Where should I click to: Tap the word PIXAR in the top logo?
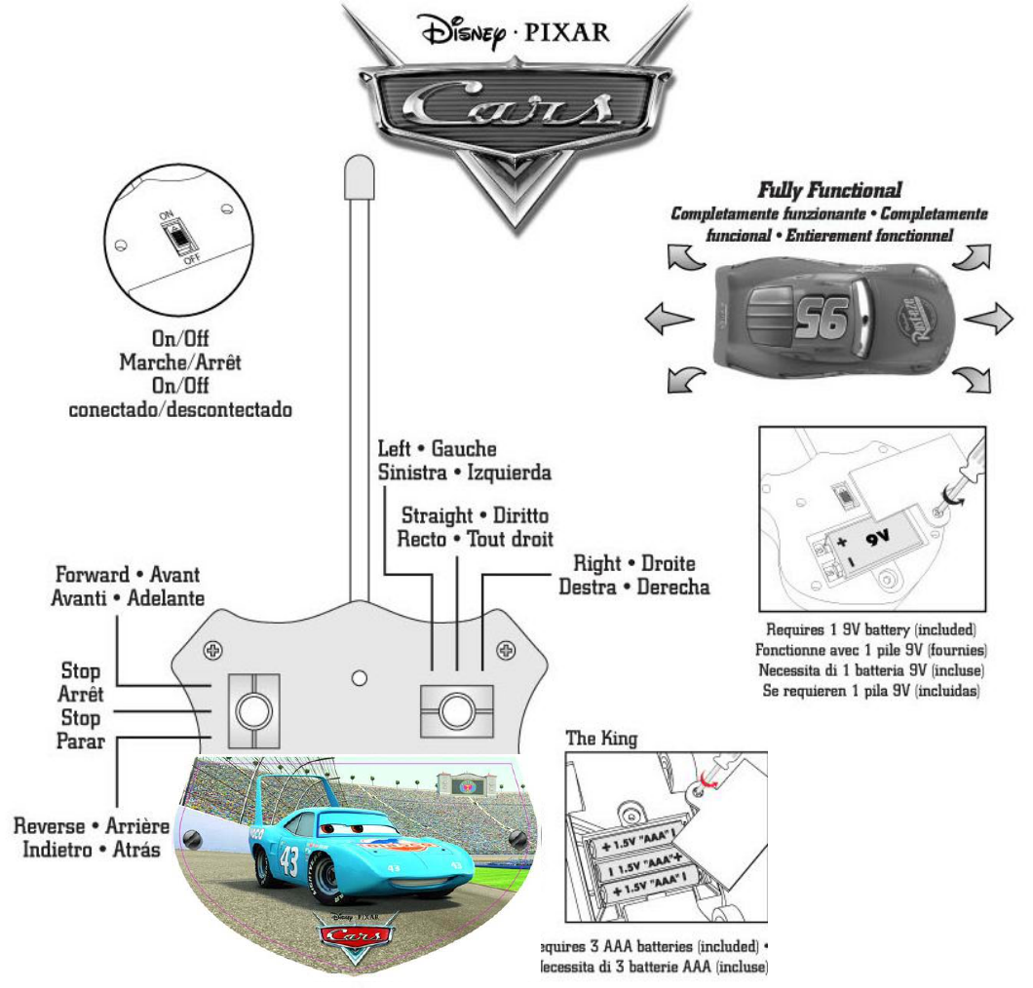[x=567, y=32]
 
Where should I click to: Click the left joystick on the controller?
[x=253, y=710]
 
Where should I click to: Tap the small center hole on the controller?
[x=359, y=677]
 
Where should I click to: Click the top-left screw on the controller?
[x=211, y=650]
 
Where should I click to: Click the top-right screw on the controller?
[x=505, y=650]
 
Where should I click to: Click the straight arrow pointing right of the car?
[x=989, y=318]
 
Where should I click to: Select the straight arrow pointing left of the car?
[x=670, y=318]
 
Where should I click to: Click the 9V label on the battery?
[x=881, y=536]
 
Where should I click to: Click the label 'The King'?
[x=601, y=739]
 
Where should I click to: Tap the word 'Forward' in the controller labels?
[x=91, y=575]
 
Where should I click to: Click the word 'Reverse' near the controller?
[x=49, y=826]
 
